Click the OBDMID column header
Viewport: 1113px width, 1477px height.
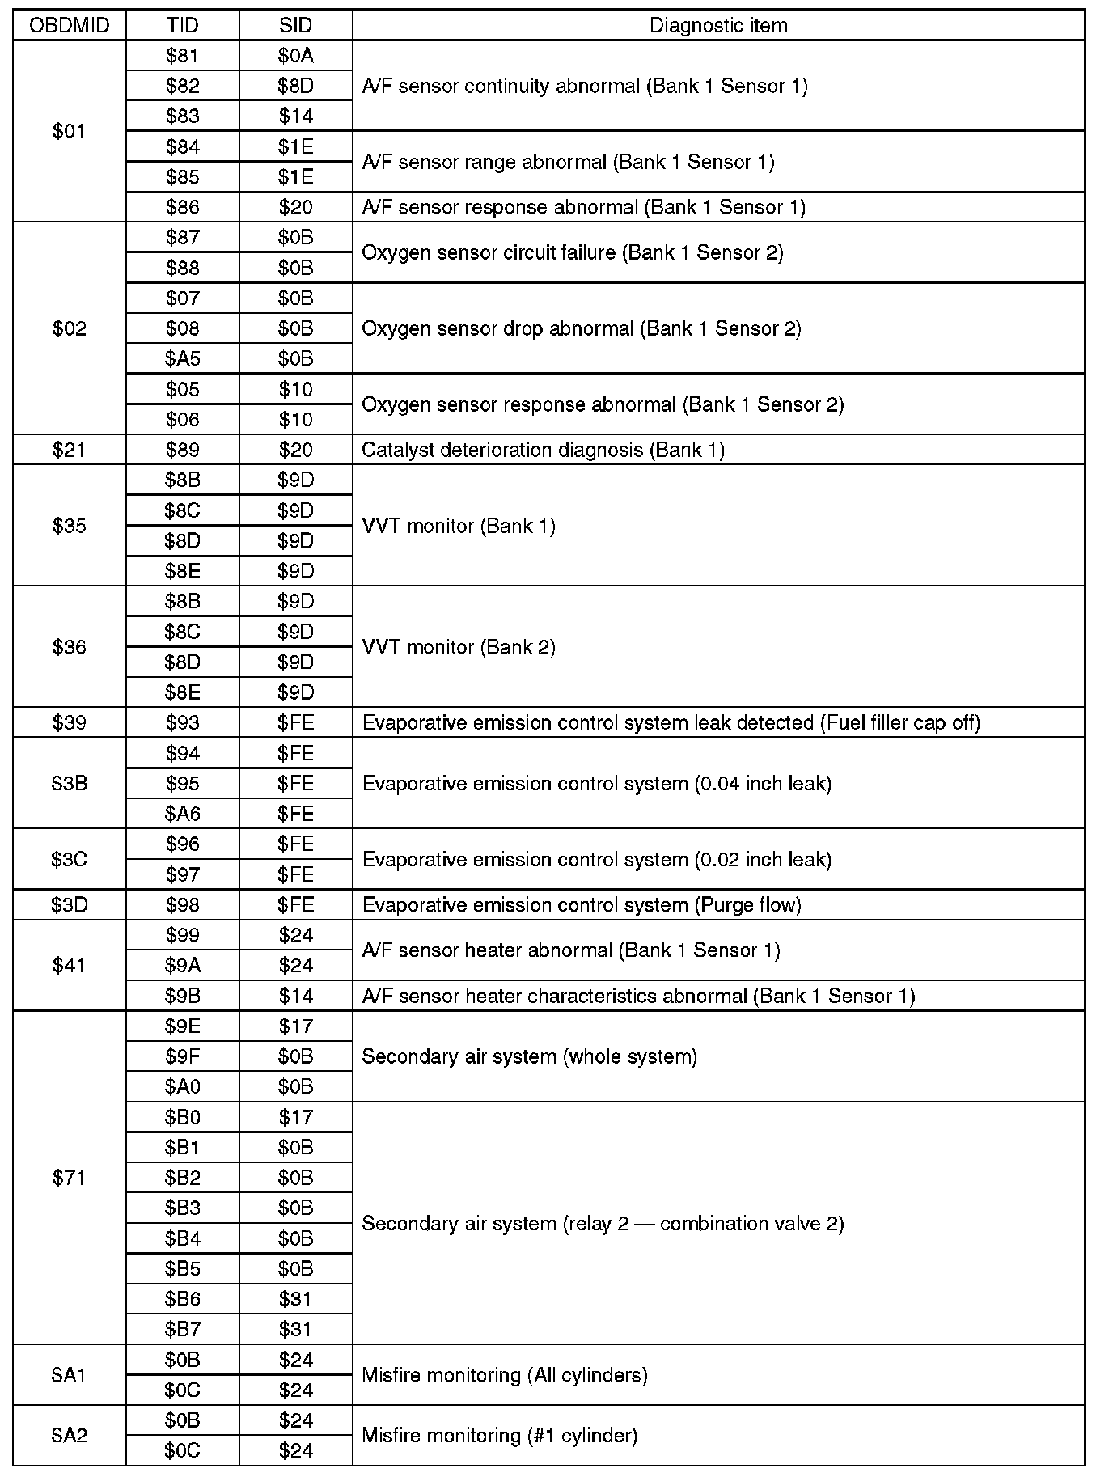[x=69, y=25]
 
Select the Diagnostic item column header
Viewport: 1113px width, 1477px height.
[x=718, y=25]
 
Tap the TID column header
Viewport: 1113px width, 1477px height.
[x=182, y=25]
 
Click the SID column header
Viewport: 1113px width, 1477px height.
[x=295, y=25]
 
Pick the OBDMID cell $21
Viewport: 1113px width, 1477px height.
[x=69, y=450]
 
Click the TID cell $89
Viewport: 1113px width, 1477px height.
[x=182, y=450]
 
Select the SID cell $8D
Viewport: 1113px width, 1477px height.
[x=295, y=86]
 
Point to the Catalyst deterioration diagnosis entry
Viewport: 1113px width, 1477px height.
[x=543, y=450]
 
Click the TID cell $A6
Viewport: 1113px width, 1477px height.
[x=182, y=814]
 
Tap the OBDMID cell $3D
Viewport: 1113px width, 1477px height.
[x=69, y=904]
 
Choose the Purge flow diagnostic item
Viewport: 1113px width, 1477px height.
[x=582, y=904]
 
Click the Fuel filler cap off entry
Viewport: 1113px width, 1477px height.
[x=671, y=722]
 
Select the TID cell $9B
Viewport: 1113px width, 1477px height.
[x=182, y=996]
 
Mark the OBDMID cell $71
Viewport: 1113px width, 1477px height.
[x=69, y=1178]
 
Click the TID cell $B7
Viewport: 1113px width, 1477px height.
[x=182, y=1329]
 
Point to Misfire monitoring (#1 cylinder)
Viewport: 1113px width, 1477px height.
[x=499, y=1436]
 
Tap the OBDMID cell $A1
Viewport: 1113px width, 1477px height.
[x=69, y=1375]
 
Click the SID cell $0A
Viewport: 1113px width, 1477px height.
[x=295, y=56]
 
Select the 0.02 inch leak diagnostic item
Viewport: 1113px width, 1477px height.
[x=596, y=859]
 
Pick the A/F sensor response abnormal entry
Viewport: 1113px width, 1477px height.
[x=583, y=207]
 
